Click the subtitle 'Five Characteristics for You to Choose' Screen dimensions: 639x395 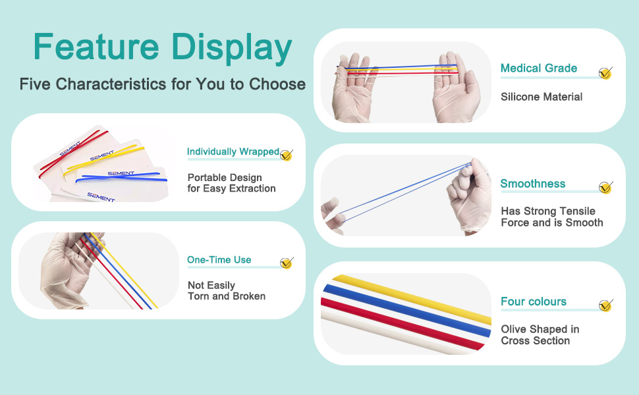163,84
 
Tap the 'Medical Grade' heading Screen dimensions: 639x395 539,68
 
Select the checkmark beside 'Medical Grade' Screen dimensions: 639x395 605,73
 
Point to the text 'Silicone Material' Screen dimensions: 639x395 542,97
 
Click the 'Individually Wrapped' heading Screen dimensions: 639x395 233,152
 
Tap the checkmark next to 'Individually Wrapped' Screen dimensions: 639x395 287,155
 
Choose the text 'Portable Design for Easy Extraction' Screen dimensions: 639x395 231,183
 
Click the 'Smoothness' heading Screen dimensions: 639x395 533,184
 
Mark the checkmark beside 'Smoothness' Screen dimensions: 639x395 606,188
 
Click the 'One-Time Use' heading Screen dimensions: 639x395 219,260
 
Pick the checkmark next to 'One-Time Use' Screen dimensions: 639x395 287,263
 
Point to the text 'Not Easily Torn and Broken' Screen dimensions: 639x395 227,291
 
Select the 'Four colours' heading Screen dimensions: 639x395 534,302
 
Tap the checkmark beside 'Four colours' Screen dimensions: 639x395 606,305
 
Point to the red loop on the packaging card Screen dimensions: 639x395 73,153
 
